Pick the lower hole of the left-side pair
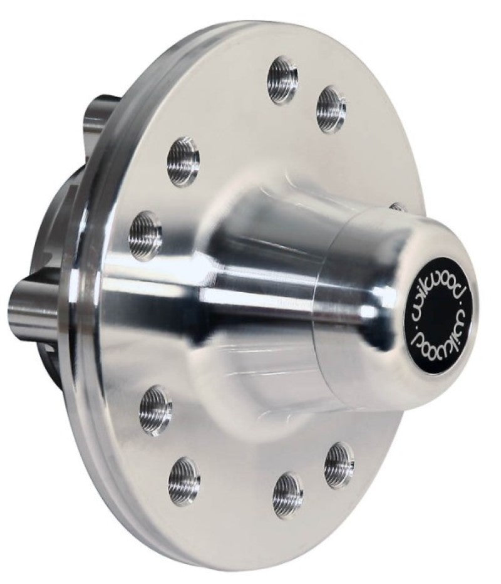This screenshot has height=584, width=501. tap(145, 234)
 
